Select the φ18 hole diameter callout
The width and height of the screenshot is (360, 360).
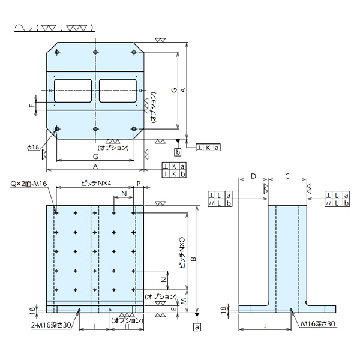coord(33,146)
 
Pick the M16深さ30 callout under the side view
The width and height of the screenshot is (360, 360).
coord(319,325)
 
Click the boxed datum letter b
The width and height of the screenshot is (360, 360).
coord(178,151)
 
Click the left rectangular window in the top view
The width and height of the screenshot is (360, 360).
coord(72,90)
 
